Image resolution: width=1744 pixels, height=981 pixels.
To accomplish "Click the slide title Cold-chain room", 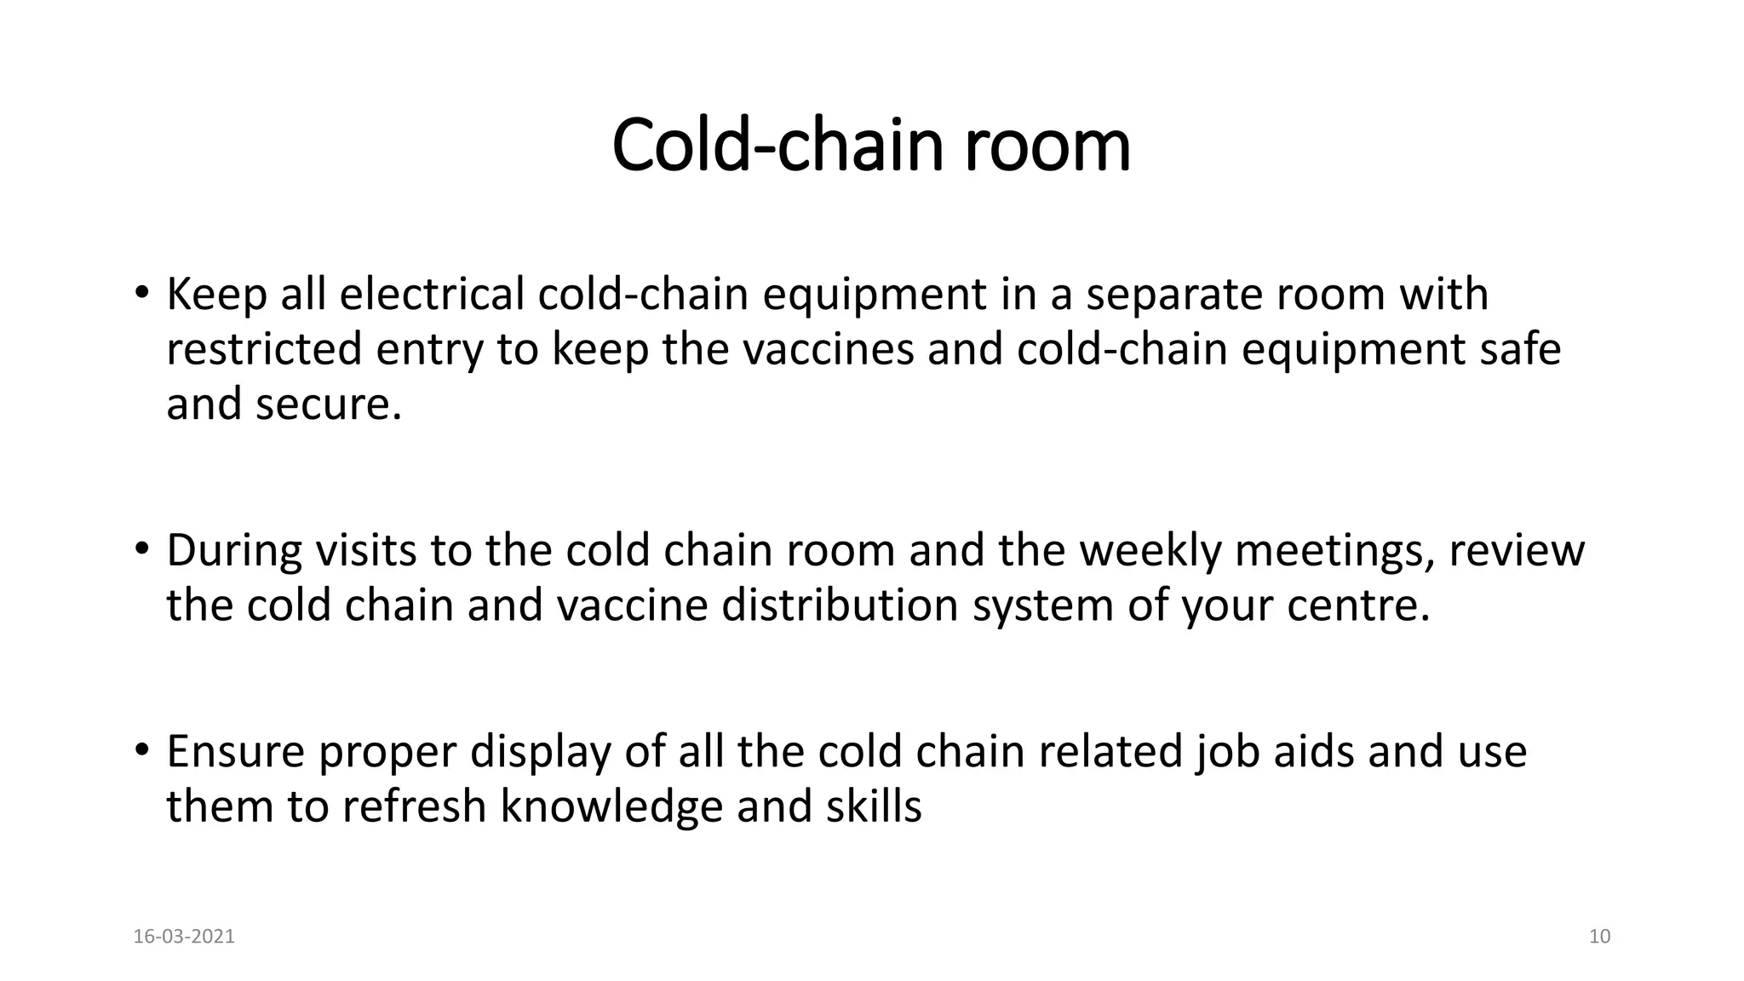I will pos(871,145).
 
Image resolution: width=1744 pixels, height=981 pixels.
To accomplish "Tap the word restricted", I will pos(264,349).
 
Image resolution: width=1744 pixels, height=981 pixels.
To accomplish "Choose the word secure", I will pos(327,404).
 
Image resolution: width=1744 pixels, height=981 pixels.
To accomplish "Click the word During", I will pos(234,550).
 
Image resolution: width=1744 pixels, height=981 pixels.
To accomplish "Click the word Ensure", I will pos(235,751).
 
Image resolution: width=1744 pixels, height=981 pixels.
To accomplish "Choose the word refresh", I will pos(414,806).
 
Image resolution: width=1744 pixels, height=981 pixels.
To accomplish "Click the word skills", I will pos(874,806).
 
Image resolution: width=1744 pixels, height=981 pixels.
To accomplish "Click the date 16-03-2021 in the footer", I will pos(184,937).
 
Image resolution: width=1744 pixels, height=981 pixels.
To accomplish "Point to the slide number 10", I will pos(1600,937).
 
